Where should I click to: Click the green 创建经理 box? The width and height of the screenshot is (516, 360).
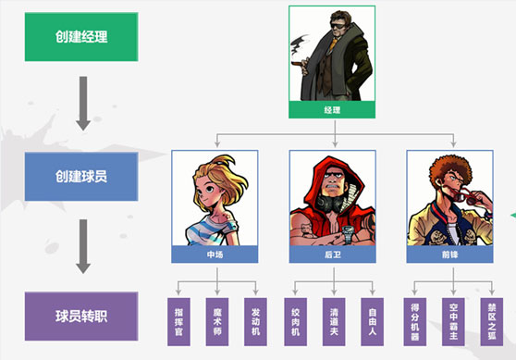pos(81,37)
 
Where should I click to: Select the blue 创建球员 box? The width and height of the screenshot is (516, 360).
pos(81,174)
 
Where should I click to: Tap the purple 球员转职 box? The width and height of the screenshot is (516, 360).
pos(81,315)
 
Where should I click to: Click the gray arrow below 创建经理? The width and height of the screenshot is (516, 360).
pos(81,102)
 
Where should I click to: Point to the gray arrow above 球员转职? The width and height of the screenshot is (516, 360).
pos(81,245)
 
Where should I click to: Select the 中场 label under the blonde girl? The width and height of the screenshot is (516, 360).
pos(215,253)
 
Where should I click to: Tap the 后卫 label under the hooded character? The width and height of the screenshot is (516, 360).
pos(333,253)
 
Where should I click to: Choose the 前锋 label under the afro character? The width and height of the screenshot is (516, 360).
pos(450,253)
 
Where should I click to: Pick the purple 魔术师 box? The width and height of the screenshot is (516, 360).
pos(215,320)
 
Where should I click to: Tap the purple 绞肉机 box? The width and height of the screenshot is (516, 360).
pos(296,320)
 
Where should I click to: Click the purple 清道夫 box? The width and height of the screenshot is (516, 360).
pos(333,320)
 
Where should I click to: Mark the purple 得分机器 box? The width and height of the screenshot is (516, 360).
pos(413,320)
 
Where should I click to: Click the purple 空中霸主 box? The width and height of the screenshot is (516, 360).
pos(451,320)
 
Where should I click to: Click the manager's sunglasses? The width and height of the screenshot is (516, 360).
pos(335,29)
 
